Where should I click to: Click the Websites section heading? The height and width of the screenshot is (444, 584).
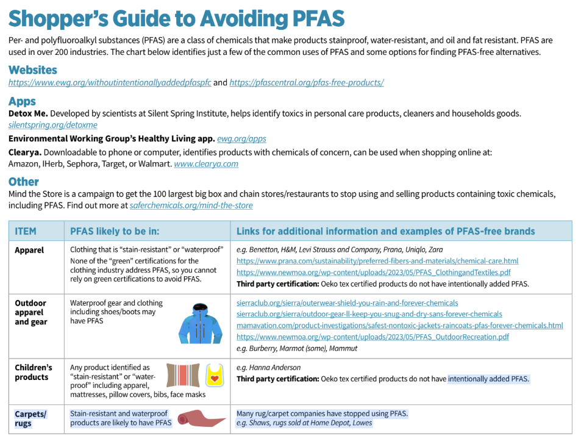pos(33,70)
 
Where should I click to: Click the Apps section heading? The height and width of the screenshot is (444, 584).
pos(22,101)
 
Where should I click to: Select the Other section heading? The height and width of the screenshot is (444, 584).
pos(24,182)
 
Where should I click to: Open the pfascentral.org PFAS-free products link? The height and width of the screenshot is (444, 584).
pos(306,83)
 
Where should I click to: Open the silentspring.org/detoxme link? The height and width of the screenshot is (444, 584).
pos(52,125)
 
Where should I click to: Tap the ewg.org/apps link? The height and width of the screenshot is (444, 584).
pos(241,139)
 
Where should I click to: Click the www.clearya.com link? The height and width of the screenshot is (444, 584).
pos(206,164)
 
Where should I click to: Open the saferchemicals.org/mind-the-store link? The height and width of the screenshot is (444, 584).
pos(191,206)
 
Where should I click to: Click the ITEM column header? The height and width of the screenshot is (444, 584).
pos(26,231)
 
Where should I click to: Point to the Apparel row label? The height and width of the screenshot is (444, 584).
pos(29,250)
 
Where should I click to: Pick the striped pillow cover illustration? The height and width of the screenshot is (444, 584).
pos(183,376)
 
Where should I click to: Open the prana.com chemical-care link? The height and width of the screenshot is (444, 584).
pos(377,261)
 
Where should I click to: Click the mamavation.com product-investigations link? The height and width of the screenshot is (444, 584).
pos(399,326)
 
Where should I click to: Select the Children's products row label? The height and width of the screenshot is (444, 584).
pos(33,372)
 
